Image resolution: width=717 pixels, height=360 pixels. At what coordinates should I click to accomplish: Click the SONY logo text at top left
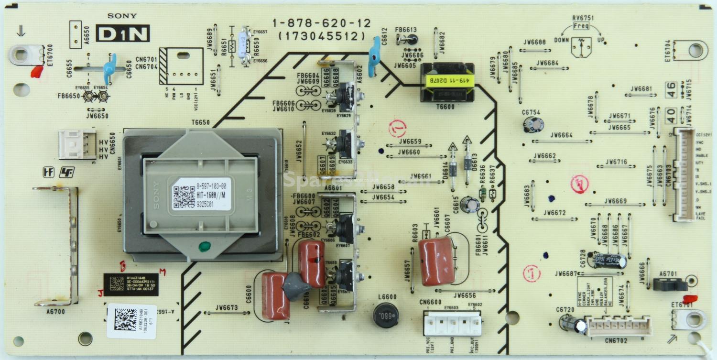coord(122,16)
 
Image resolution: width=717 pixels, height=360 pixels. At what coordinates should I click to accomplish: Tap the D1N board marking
coord(123,33)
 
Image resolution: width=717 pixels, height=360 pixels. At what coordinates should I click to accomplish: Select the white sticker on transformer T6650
coord(201,194)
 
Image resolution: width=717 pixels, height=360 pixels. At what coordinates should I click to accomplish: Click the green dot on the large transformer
coord(204,246)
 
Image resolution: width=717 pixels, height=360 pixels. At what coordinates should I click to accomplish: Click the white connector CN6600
coord(452,323)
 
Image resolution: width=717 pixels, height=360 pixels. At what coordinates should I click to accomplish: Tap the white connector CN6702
coord(619,326)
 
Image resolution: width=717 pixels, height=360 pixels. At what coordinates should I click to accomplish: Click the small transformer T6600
coord(447,82)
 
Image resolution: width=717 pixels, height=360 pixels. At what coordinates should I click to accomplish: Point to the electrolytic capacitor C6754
coord(533,124)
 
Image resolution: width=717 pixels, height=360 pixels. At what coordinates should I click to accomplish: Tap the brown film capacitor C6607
coord(436,261)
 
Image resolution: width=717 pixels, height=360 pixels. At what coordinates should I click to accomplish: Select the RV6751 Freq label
coord(581,26)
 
